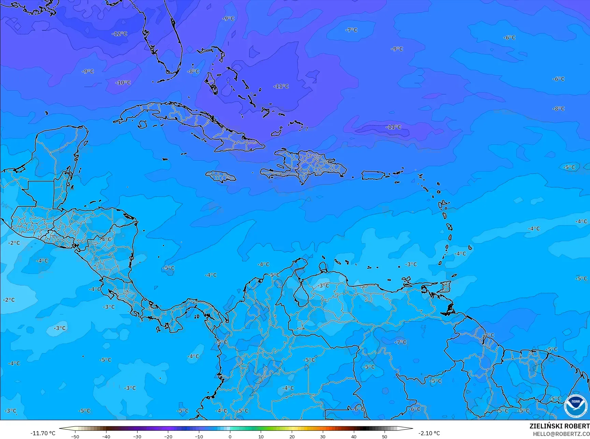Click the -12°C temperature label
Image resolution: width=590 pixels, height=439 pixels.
pos(119,34)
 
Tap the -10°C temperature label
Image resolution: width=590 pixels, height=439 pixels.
pos(123,83)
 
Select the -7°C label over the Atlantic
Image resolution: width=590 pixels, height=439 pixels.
pos(351,30)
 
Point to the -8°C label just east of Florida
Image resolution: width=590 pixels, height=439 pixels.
pos(193,71)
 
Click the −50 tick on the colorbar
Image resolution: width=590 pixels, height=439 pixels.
pos(75,436)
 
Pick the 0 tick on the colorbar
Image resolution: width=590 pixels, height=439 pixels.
pos(230,436)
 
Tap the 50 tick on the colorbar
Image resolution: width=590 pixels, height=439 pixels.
pos(385,436)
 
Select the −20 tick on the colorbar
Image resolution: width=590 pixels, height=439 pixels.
pos(168,436)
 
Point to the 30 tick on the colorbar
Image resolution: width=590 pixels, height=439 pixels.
pos(323,436)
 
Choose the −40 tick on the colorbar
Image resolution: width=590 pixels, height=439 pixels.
pos(106,436)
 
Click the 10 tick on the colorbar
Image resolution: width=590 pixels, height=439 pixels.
pos(261,436)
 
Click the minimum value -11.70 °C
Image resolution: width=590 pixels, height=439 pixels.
pos(43,433)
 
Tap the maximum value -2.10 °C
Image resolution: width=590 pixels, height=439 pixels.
pos(429,433)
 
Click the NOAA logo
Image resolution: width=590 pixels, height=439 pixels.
pos(575,406)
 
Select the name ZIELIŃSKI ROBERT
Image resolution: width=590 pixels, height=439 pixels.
pos(559,426)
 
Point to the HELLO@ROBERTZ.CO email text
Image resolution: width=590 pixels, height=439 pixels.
pos(561,434)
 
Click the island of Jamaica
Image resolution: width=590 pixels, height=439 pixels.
pos(221,176)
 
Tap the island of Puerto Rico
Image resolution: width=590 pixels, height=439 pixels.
pos(373,175)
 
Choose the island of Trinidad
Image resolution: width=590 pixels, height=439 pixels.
pos(446,287)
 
